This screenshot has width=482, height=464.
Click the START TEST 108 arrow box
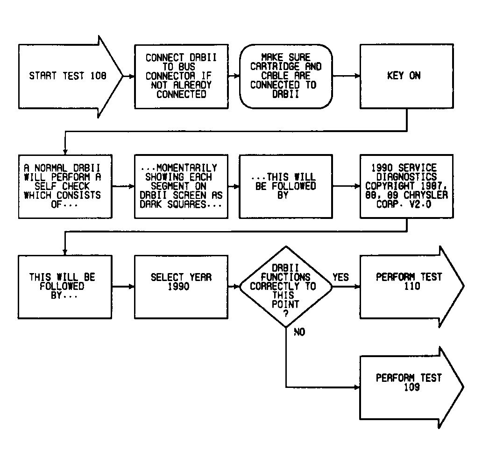tap(71, 77)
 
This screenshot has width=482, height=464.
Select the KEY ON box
tap(407, 76)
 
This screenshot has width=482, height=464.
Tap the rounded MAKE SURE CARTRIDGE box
tap(286, 76)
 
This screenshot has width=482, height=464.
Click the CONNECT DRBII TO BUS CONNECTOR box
tap(181, 76)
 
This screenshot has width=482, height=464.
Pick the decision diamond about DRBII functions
tap(286, 287)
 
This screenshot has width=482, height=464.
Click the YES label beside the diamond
tap(340, 277)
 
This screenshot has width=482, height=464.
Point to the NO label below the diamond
tap(299, 332)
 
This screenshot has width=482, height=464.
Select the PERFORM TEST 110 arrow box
tap(412, 287)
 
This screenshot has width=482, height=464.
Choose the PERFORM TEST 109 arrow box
tap(412, 387)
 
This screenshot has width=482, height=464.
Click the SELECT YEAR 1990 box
tap(181, 287)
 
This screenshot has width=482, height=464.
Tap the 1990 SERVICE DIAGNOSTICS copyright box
tap(407, 186)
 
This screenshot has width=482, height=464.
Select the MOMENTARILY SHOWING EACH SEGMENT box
tap(181, 186)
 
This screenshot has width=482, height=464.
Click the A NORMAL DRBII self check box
tap(65, 186)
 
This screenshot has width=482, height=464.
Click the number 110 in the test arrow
tap(412, 287)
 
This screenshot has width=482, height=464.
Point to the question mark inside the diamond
tap(286, 314)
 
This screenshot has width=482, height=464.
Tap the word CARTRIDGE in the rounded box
tap(275, 67)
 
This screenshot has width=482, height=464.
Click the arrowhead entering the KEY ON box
tap(357, 76)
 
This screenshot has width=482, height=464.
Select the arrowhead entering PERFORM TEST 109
tap(357, 387)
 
